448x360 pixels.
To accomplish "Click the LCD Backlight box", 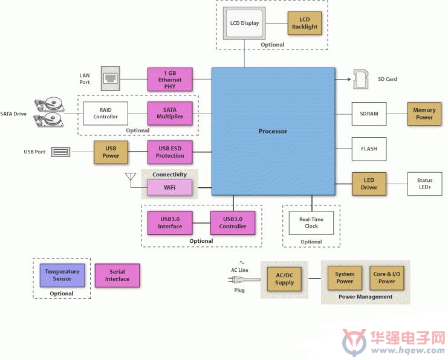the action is tap(305, 23).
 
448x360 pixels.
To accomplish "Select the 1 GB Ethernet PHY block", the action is tap(170, 79).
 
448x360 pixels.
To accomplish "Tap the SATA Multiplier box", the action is tap(170, 114).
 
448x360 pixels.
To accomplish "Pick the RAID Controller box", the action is tap(105, 114).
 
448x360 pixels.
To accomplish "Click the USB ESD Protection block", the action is tap(170, 152).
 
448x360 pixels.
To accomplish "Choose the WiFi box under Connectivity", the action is tap(169, 187).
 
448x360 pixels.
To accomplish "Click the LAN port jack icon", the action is tap(110, 79).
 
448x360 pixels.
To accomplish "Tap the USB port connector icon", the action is tap(60, 152).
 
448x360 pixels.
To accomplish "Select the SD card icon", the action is tap(360, 79).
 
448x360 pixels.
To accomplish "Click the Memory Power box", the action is tap(424, 114).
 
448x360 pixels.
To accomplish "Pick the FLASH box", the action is tap(369, 149).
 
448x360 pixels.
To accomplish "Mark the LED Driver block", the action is tap(369, 184).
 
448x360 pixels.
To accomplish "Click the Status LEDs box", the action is tap(424, 184).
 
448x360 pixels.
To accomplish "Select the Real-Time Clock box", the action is tap(311, 223).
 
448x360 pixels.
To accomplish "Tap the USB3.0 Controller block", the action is tap(233, 223).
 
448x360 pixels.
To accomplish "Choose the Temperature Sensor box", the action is tap(62, 275).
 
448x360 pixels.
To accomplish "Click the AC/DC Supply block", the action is tap(284, 279).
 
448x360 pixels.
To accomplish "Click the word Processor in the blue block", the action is tap(273, 131).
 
